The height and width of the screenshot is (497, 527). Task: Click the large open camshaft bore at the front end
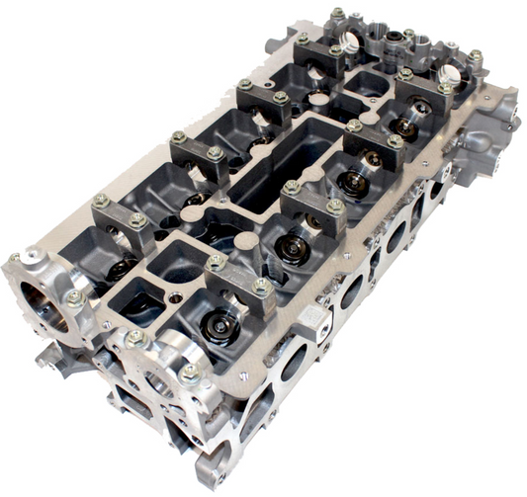tap(45, 300)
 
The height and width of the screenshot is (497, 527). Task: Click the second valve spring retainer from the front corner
tap(294, 247)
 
